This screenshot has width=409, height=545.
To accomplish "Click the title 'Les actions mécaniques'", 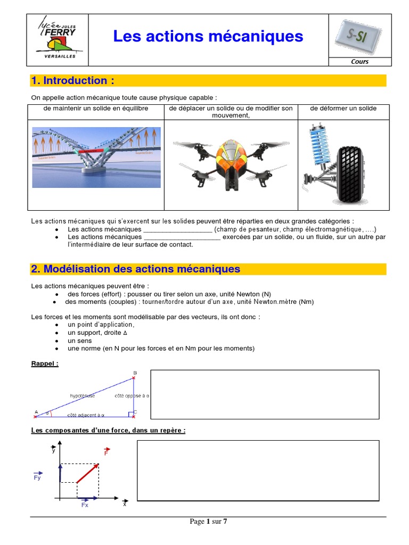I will point(208,36).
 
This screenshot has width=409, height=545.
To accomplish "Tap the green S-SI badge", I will point(359,35).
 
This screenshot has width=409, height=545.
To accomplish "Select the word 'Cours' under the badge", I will point(359,61).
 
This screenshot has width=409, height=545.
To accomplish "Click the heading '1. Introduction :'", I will point(73,81).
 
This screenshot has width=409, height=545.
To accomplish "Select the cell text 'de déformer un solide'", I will point(343,109).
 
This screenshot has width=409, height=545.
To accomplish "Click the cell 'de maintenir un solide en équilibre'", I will point(96,109).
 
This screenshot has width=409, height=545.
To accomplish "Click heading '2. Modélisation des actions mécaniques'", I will point(136,269).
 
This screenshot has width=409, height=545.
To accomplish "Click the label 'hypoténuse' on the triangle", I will point(84,395).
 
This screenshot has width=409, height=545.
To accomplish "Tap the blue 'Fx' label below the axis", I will point(85,505).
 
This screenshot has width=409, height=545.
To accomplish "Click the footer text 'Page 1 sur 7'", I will point(208,522).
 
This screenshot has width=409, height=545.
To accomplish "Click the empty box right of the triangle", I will point(265,395).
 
